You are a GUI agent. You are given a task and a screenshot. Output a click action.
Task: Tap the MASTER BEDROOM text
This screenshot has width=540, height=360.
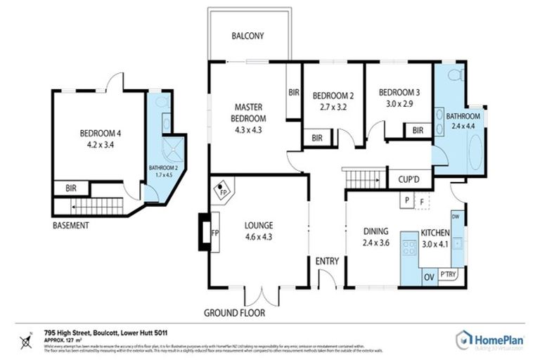[x=250, y=112]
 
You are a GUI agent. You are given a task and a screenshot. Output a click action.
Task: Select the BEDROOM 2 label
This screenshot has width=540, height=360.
[x=333, y=96]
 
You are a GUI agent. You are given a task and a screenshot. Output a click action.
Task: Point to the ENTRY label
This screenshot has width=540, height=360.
[x=327, y=261]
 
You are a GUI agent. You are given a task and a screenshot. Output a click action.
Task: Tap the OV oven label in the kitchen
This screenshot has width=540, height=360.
[x=427, y=276]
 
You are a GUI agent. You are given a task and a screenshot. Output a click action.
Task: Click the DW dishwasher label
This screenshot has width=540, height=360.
[x=455, y=217]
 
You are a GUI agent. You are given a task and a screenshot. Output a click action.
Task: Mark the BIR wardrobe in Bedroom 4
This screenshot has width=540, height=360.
[x=71, y=188]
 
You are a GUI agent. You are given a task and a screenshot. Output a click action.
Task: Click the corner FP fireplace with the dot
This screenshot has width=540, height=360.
[x=223, y=191]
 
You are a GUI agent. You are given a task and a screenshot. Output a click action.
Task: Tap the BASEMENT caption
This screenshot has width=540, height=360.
[x=71, y=226]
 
